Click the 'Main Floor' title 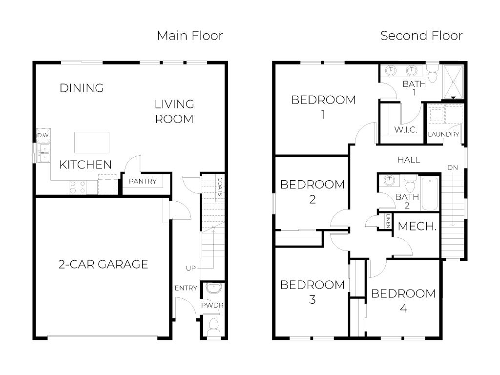(190, 36)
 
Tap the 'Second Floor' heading (421, 36)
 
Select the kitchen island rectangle (92, 143)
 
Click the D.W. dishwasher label (43, 135)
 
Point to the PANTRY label (143, 181)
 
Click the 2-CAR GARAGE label (103, 264)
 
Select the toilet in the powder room (213, 326)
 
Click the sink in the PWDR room (213, 289)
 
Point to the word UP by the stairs (191, 268)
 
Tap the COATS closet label (220, 187)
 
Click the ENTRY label (186, 288)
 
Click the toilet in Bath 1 (433, 74)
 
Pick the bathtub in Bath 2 (430, 194)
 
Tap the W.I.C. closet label (406, 129)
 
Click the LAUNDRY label (443, 134)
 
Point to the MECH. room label (417, 227)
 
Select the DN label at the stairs (453, 167)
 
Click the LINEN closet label (388, 221)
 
